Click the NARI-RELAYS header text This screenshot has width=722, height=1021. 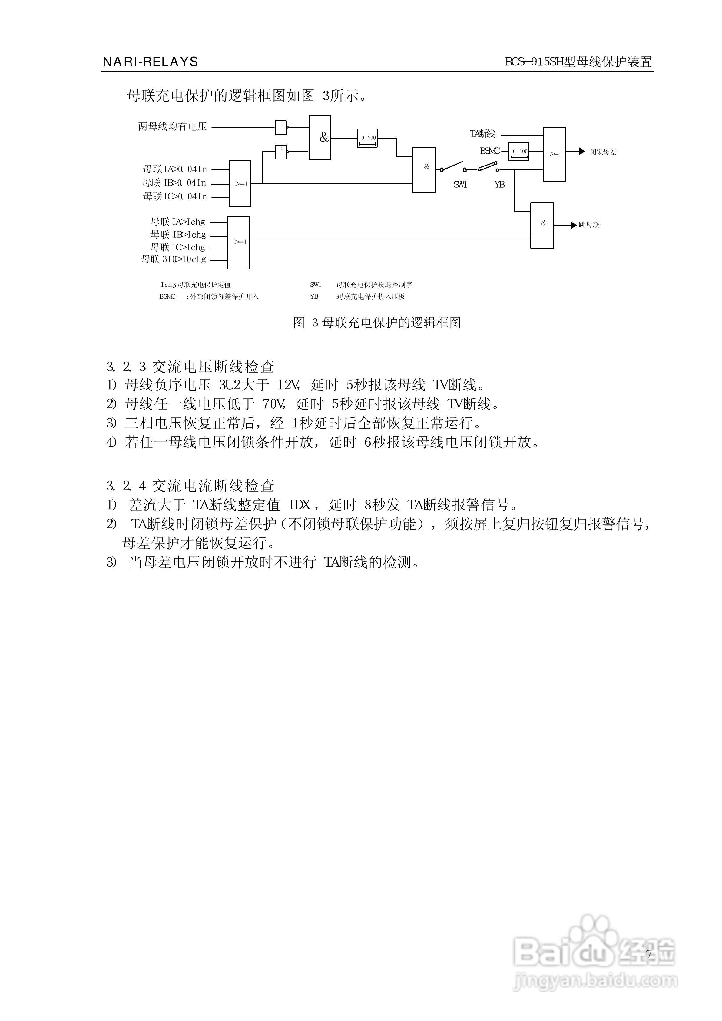tap(150, 62)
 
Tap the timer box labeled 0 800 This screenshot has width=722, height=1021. tap(367, 138)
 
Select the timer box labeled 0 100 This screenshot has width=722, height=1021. tap(519, 152)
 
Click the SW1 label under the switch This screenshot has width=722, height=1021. tap(460, 185)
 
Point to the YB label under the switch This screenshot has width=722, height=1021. tap(499, 185)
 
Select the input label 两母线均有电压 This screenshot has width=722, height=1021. tap(173, 127)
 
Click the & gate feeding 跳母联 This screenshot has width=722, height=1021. tap(542, 225)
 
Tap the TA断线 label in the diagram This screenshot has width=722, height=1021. tap(482, 133)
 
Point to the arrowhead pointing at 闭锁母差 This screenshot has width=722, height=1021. tap(581, 151)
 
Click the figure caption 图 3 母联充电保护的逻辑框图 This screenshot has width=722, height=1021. tap(377, 323)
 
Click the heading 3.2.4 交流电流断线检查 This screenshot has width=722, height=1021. tap(190, 486)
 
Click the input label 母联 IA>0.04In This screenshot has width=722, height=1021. tap(175, 169)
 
